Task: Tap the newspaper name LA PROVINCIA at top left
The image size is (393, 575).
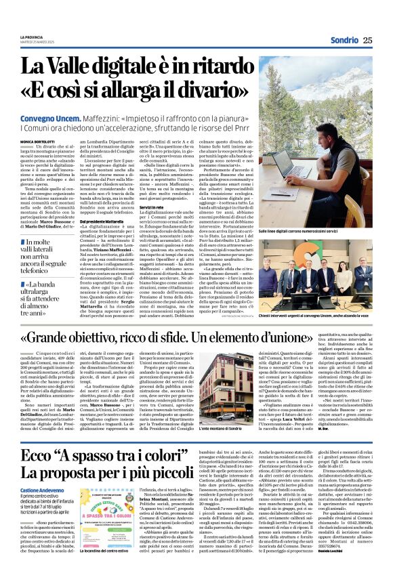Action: point(31,37)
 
